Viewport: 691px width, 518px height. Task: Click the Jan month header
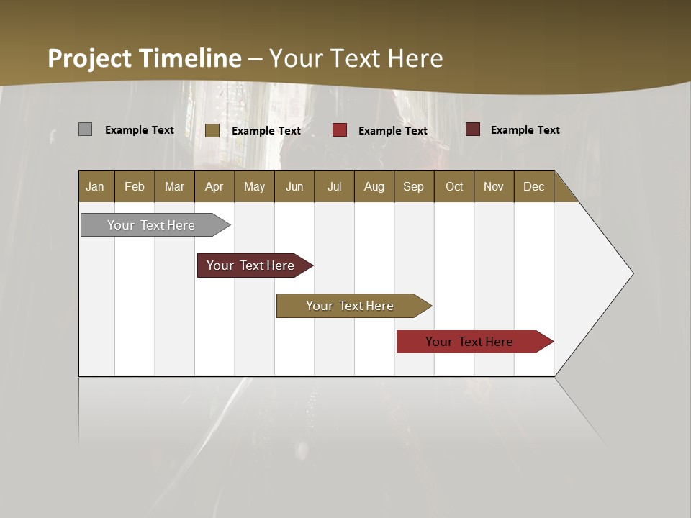95,186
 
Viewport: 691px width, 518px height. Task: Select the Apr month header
214,186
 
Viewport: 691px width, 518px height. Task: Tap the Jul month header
334,186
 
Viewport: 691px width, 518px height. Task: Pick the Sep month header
413,186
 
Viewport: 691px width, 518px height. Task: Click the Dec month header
533,186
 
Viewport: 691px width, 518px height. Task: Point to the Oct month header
453,186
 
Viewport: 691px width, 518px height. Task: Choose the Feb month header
135,186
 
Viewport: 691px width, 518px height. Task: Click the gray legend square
85,129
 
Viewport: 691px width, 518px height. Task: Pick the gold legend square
212,130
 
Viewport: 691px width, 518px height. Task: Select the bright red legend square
340,130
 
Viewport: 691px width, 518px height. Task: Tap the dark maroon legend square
472,129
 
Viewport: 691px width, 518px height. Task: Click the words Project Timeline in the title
144,58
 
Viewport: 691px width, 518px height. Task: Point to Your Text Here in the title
356,58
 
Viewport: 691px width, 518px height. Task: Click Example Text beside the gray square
140,130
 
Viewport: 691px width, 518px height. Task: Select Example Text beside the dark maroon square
525,130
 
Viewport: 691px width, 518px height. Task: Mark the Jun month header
294,186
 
